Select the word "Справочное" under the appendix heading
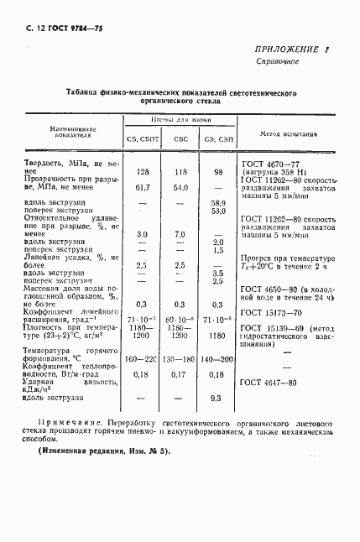pos(278,63)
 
